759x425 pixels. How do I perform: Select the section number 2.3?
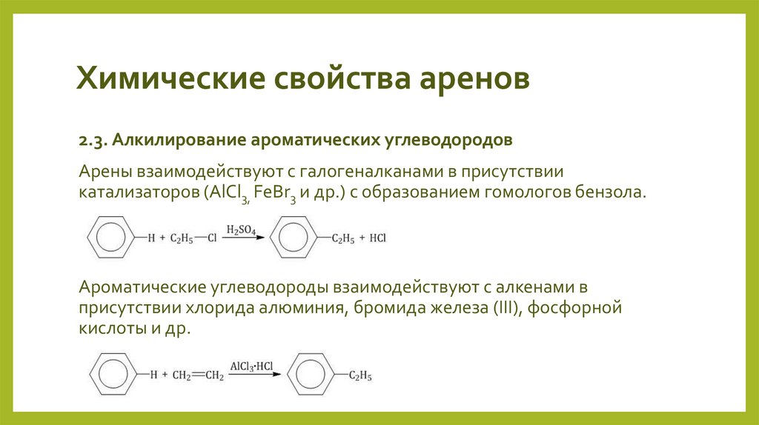click(x=93, y=139)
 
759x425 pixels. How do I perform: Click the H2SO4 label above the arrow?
click(x=242, y=231)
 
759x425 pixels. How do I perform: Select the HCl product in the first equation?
click(x=377, y=238)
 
